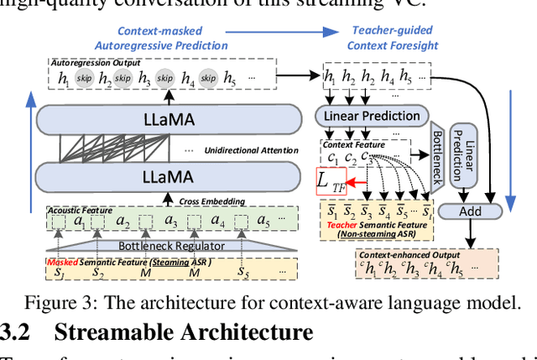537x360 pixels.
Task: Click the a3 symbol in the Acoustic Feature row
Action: tap(171, 222)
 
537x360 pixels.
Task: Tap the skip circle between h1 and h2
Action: tap(85, 78)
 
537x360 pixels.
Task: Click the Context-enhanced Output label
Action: tap(405, 253)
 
